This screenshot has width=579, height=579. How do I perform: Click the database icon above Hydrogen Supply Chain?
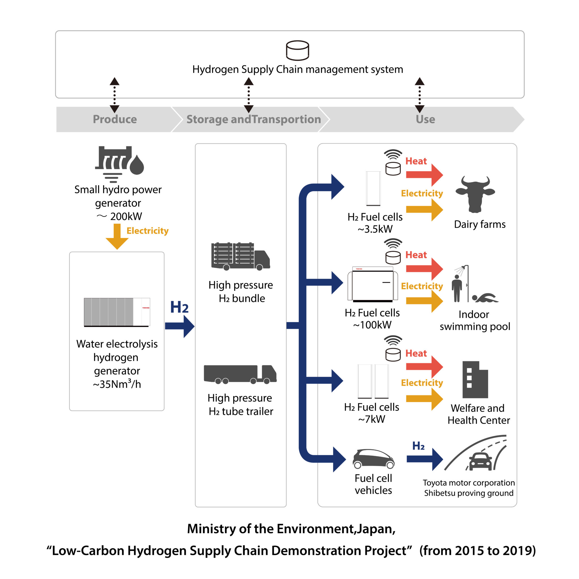tap(297, 50)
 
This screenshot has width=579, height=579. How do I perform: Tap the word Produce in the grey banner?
tap(115, 119)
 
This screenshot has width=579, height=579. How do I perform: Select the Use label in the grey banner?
tap(425, 119)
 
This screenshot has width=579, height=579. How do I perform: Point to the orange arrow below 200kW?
tap(117, 236)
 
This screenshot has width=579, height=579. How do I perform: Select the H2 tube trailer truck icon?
tap(240, 374)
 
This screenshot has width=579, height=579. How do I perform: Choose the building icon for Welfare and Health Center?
tap(475, 380)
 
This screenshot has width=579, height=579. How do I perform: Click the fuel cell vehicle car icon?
tap(373, 459)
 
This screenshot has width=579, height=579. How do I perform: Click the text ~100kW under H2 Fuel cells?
tap(372, 325)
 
